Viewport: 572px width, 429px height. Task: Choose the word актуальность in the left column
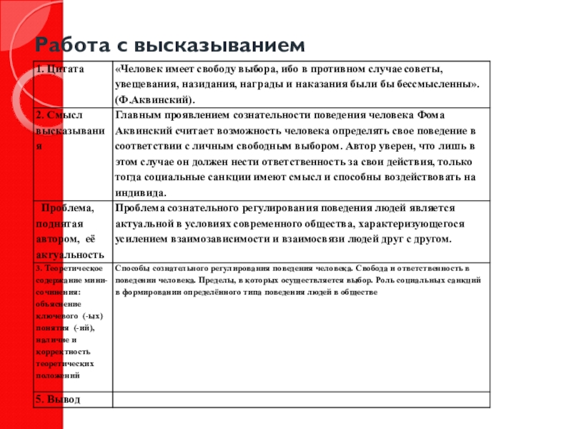click(68, 254)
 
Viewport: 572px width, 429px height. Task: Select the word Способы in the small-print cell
click(128, 268)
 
